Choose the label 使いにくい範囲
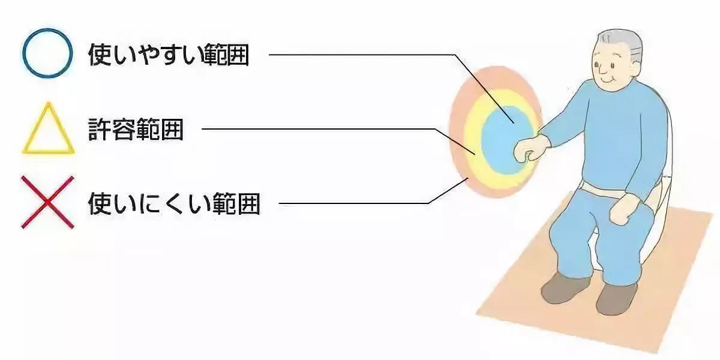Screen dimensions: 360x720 pos(174,203)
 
